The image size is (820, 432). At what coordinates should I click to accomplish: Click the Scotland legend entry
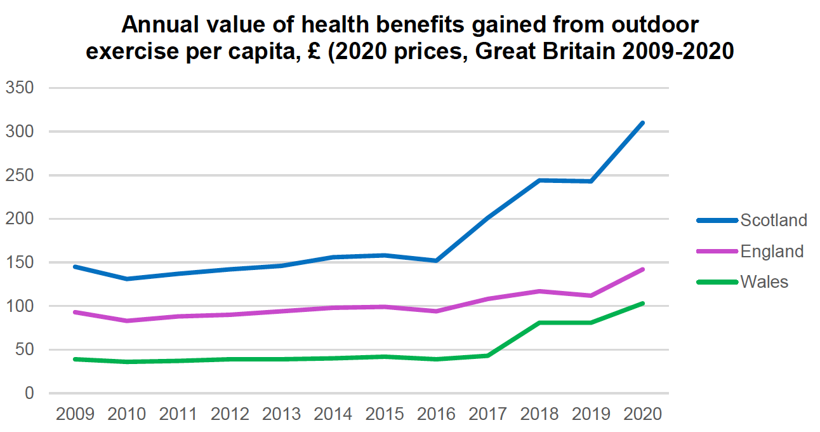pos(773,220)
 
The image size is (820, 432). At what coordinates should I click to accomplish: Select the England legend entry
pos(772,251)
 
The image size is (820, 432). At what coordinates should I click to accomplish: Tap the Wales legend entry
pos(764,281)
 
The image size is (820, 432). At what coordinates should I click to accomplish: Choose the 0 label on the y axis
pos(29,393)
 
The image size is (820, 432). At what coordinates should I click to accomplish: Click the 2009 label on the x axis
pos(75,414)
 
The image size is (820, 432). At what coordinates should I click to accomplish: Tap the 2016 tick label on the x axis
pos(437,414)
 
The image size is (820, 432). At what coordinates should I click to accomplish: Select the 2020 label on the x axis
pos(643,414)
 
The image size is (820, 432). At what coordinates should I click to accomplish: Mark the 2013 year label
pos(282,414)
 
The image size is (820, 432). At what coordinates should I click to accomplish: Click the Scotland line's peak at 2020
pos(643,123)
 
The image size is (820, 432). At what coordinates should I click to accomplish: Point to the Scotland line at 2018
pos(539,180)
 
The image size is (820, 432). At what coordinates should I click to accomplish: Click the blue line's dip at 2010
pos(126,279)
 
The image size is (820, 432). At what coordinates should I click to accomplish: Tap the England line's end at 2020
pos(643,269)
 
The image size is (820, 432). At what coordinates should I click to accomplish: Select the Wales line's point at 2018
pos(539,323)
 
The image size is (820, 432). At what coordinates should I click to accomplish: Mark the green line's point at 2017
pos(488,355)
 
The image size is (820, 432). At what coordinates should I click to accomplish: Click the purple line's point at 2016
pos(437,311)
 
